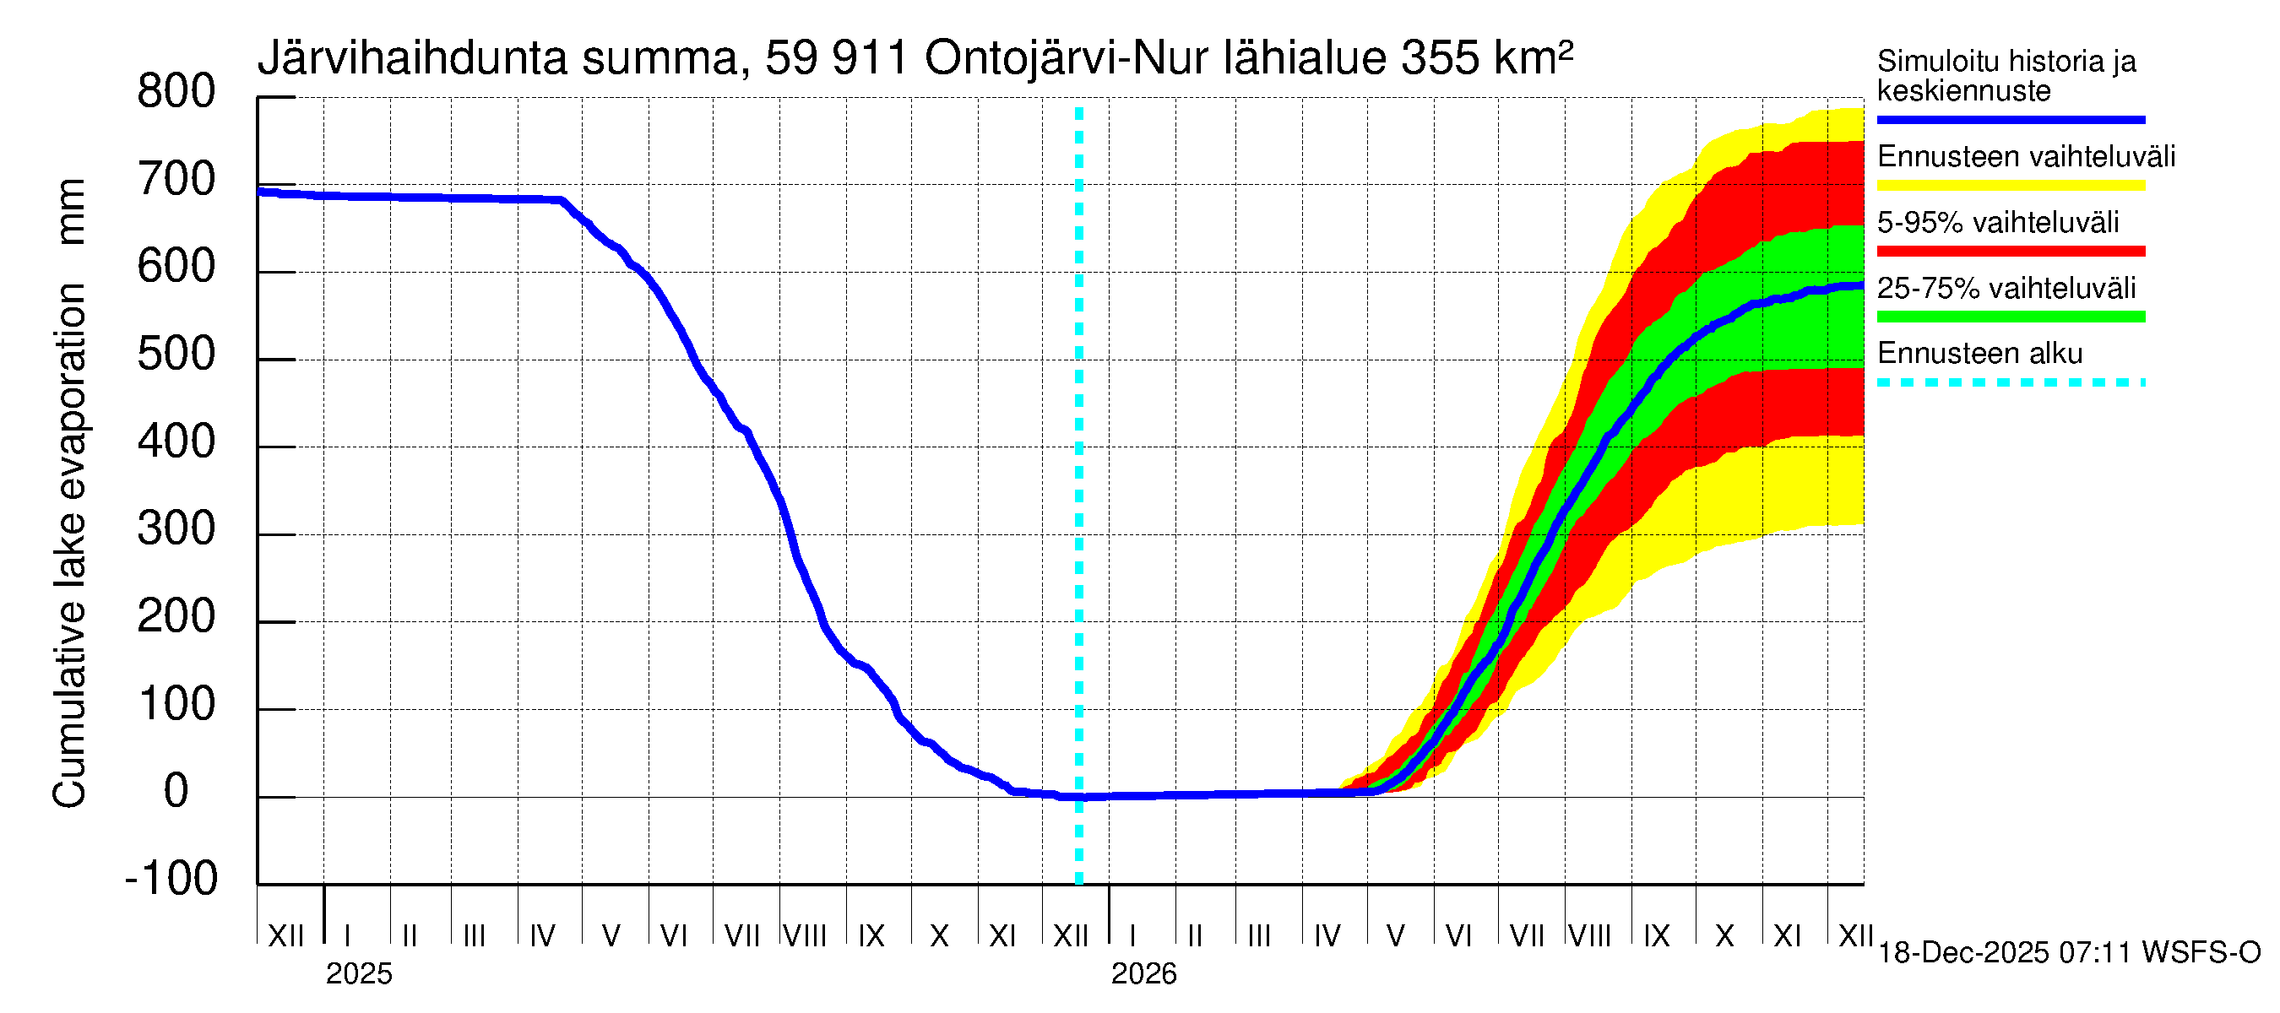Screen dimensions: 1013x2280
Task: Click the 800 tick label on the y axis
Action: pos(176,92)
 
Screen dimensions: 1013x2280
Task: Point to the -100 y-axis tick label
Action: pos(171,879)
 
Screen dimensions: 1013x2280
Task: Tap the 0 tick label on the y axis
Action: pos(176,791)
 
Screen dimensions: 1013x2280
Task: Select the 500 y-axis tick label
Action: pos(176,355)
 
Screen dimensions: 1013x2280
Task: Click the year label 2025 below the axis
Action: pos(358,974)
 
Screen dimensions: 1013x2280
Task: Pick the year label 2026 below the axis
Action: pos(1143,974)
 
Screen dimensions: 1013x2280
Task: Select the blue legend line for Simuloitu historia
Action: pos(2010,119)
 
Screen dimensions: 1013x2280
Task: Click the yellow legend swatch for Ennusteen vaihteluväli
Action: pos(2010,186)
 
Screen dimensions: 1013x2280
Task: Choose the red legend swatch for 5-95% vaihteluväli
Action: pos(2010,252)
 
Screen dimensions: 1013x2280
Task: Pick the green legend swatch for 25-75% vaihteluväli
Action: pos(2010,317)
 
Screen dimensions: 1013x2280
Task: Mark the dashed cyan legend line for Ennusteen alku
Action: pos(2010,383)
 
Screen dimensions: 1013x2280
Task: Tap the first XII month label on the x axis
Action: pos(286,936)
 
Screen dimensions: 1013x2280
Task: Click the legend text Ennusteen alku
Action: pos(1980,354)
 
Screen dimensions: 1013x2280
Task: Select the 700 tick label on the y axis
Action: pos(176,181)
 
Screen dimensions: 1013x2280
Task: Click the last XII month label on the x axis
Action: pos(1854,936)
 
